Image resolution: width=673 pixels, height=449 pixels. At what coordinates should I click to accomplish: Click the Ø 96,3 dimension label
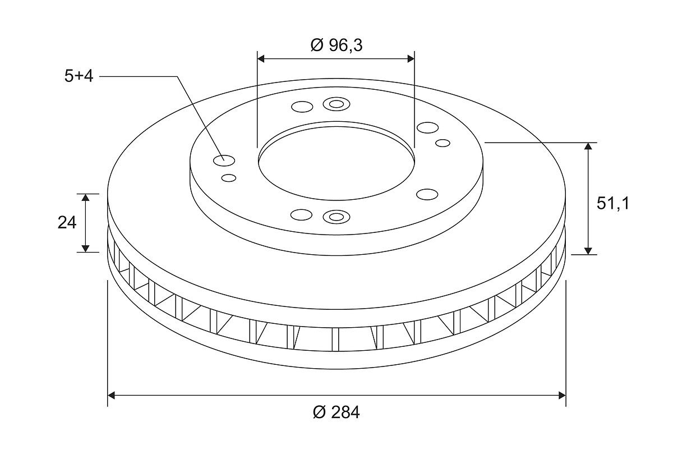point(336,45)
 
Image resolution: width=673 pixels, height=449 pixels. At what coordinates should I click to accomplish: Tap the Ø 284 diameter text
point(336,413)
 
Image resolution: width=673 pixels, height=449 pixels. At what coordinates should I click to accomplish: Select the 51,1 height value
point(612,204)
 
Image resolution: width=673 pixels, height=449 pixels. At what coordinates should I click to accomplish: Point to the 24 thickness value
point(67,223)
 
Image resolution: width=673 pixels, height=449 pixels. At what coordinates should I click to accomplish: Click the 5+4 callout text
point(79,76)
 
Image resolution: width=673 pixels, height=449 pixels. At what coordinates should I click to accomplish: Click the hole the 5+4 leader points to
point(224,161)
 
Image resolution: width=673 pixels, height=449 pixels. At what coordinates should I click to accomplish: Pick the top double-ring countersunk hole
point(336,104)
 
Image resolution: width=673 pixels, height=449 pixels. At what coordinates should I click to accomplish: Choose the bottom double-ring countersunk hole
point(336,217)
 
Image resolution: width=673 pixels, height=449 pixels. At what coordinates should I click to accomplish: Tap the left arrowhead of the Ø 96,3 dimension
point(261,59)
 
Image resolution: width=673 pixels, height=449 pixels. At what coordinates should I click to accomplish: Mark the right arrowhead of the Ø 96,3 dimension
point(411,59)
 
